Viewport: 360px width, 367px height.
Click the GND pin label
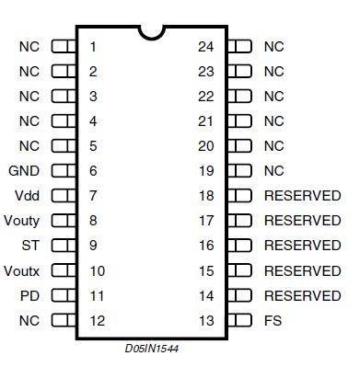click(25, 170)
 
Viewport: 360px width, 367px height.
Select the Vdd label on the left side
click(28, 195)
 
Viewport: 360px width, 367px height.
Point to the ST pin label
click(30, 246)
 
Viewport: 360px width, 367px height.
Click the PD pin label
click(30, 295)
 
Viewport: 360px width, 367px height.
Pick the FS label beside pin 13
click(273, 320)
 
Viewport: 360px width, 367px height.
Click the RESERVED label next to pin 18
click(302, 195)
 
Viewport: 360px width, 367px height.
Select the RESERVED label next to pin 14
click(302, 295)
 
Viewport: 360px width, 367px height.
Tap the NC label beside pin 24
click(273, 46)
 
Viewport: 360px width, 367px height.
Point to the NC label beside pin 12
click(29, 320)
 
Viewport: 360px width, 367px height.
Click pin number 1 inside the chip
click(93, 46)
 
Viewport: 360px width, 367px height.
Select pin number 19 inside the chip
click(205, 170)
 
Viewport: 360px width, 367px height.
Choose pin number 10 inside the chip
click(97, 270)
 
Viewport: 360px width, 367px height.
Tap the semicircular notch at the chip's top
click(151, 32)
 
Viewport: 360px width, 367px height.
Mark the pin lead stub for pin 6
click(64, 170)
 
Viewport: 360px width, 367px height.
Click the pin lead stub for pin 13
click(239, 320)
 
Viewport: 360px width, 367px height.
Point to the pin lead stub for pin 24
click(239, 46)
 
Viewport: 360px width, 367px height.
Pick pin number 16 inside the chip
click(205, 246)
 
